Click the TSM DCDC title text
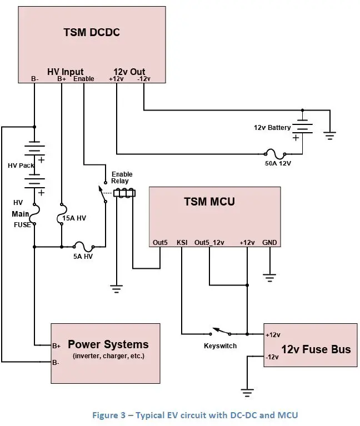pyautogui.click(x=92, y=32)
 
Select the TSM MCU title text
pyautogui.click(x=209, y=201)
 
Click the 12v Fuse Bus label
pyautogui.click(x=317, y=349)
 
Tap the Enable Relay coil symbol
pyautogui.click(x=125, y=193)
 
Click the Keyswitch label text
pyautogui.click(x=221, y=345)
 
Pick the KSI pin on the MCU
pyautogui.click(x=182, y=243)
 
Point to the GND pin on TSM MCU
pyautogui.click(x=269, y=243)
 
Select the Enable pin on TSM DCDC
pyautogui.click(x=83, y=79)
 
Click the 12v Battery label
pyautogui.click(x=272, y=128)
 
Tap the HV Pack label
pyautogui.click(x=21, y=166)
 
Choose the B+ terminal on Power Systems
pyautogui.click(x=56, y=345)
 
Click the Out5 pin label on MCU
pyautogui.click(x=160, y=243)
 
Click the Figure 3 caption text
pyautogui.click(x=179, y=415)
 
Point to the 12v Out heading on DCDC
pyautogui.click(x=129, y=72)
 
